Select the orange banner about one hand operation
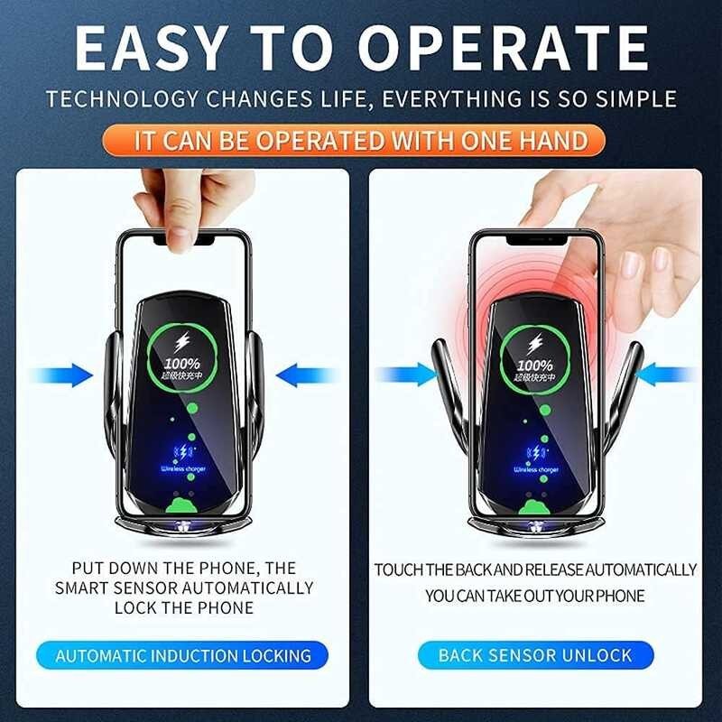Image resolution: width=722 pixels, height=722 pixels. click(361, 140)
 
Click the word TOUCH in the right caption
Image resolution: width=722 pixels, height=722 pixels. click(399, 569)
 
